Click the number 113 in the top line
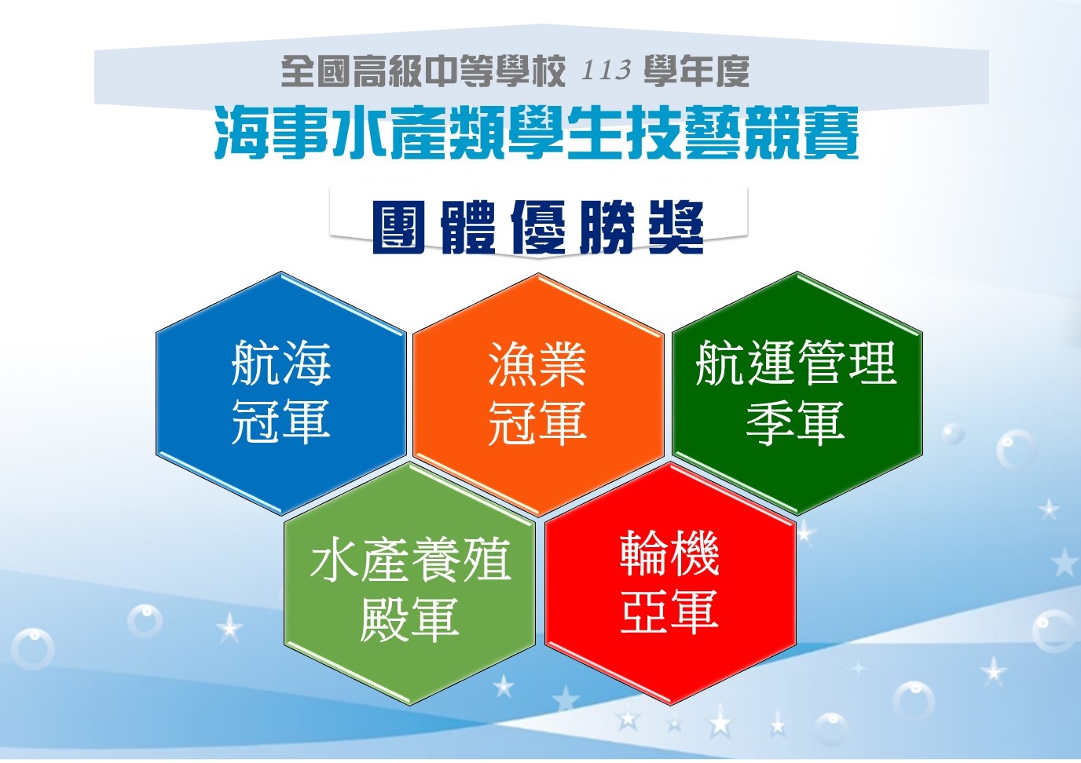[x=606, y=71]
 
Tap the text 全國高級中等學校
[x=423, y=71]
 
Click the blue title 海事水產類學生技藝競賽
[x=536, y=133]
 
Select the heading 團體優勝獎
[x=538, y=227]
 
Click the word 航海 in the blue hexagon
[x=281, y=363]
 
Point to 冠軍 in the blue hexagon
[x=281, y=422]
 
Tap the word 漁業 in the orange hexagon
[x=537, y=363]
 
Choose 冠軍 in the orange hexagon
[x=537, y=422]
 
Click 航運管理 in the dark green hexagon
[x=797, y=363]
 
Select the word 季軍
[x=797, y=422]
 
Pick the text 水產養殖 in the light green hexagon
[x=410, y=560]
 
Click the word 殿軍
[x=410, y=619]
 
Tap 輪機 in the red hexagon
[x=670, y=553]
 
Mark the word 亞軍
[x=670, y=611]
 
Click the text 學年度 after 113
[x=696, y=71]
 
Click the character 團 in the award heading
[x=398, y=227]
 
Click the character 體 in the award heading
[x=468, y=227]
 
